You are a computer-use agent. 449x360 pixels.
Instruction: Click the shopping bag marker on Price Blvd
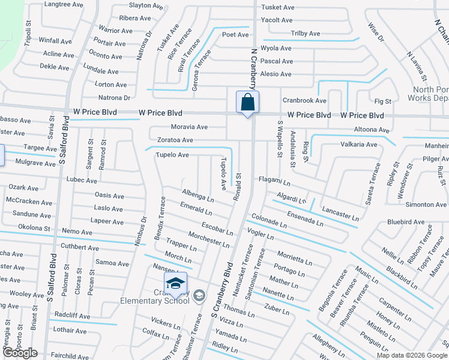pyautogui.click(x=247, y=103)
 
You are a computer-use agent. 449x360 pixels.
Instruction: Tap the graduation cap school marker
pyautogui.click(x=175, y=284)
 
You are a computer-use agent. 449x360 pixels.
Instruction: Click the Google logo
pyautogui.click(x=20, y=353)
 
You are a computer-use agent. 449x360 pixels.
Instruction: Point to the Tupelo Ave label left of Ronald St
pyautogui.click(x=172, y=155)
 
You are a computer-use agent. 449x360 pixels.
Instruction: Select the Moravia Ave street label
pyautogui.click(x=189, y=127)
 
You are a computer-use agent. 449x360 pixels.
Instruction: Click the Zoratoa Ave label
pyautogui.click(x=175, y=140)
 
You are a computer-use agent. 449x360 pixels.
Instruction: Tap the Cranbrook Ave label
pyautogui.click(x=304, y=101)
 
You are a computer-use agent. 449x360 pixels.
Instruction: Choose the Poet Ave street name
pyautogui.click(x=235, y=35)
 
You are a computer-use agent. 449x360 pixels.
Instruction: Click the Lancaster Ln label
pyautogui.click(x=340, y=213)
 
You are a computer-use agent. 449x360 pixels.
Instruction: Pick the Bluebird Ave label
pyautogui.click(x=406, y=222)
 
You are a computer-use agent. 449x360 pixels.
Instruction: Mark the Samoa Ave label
pyautogui.click(x=112, y=263)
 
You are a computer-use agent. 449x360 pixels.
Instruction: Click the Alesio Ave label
pyautogui.click(x=276, y=74)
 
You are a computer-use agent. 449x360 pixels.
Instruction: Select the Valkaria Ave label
pyautogui.click(x=359, y=145)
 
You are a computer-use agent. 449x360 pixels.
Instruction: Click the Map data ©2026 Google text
pyautogui.click(x=412, y=355)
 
